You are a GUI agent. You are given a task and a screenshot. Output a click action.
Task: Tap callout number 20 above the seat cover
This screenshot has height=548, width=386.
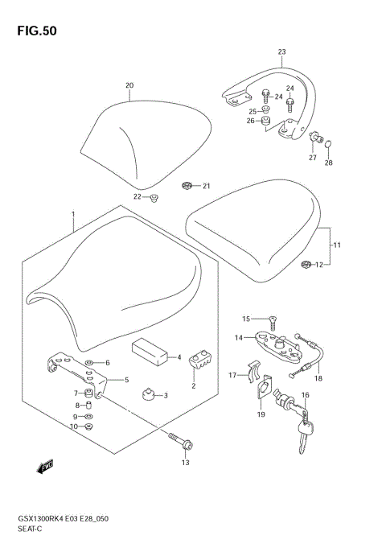pos(129,85)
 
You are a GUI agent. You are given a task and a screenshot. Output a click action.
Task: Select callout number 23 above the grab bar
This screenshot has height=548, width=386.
pos(281,52)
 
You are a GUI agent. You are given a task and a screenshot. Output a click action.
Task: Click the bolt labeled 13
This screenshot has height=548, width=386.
pos(177,441)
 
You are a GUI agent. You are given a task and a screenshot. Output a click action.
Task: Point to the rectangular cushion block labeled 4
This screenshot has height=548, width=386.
pos(150,351)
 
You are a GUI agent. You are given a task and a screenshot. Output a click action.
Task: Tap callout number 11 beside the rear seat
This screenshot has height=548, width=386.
pos(338,245)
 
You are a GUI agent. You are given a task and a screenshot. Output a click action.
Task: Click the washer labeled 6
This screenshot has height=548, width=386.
pos(91,362)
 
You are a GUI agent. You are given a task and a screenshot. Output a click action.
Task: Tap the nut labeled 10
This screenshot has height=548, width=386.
pos(89,426)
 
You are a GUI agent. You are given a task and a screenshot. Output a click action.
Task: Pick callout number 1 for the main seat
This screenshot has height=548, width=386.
pos(72,215)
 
